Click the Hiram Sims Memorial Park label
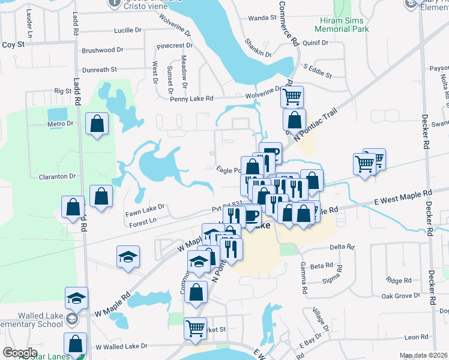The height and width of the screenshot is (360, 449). [341, 25]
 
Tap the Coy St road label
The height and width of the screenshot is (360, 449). [13, 44]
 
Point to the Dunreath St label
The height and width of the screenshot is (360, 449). [100, 70]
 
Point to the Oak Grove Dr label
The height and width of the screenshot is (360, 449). [401, 296]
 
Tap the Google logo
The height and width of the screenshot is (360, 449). [20, 353]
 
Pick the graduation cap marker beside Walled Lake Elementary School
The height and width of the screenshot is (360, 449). [76, 298]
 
